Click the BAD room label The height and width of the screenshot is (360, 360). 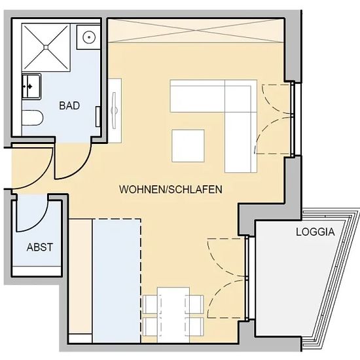pyautogui.click(x=69, y=105)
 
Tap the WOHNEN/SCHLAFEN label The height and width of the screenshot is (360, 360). pyautogui.click(x=171, y=189)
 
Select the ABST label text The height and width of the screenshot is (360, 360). pyautogui.click(x=40, y=247)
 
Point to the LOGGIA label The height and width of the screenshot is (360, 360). pyautogui.click(x=315, y=232)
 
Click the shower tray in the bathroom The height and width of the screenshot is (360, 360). pyautogui.click(x=46, y=47)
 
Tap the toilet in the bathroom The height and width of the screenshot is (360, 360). pyautogui.click(x=32, y=118)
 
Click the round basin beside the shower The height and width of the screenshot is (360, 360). pyautogui.click(x=89, y=37)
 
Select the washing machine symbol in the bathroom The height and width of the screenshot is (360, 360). pyautogui.click(x=31, y=86)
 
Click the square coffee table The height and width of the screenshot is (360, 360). pyautogui.click(x=188, y=146)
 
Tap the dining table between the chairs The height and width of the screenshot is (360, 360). pyautogui.click(x=173, y=315)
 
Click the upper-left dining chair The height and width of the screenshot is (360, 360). pyautogui.click(x=150, y=304)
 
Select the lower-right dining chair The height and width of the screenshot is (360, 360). pyautogui.click(x=195, y=326)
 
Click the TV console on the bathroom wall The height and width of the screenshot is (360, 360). pyautogui.click(x=115, y=111)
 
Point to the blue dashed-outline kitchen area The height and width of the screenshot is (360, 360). pyautogui.click(x=117, y=281)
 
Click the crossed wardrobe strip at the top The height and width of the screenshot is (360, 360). pyautogui.click(x=196, y=31)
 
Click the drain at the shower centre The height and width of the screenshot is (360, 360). pyautogui.click(x=46, y=47)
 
